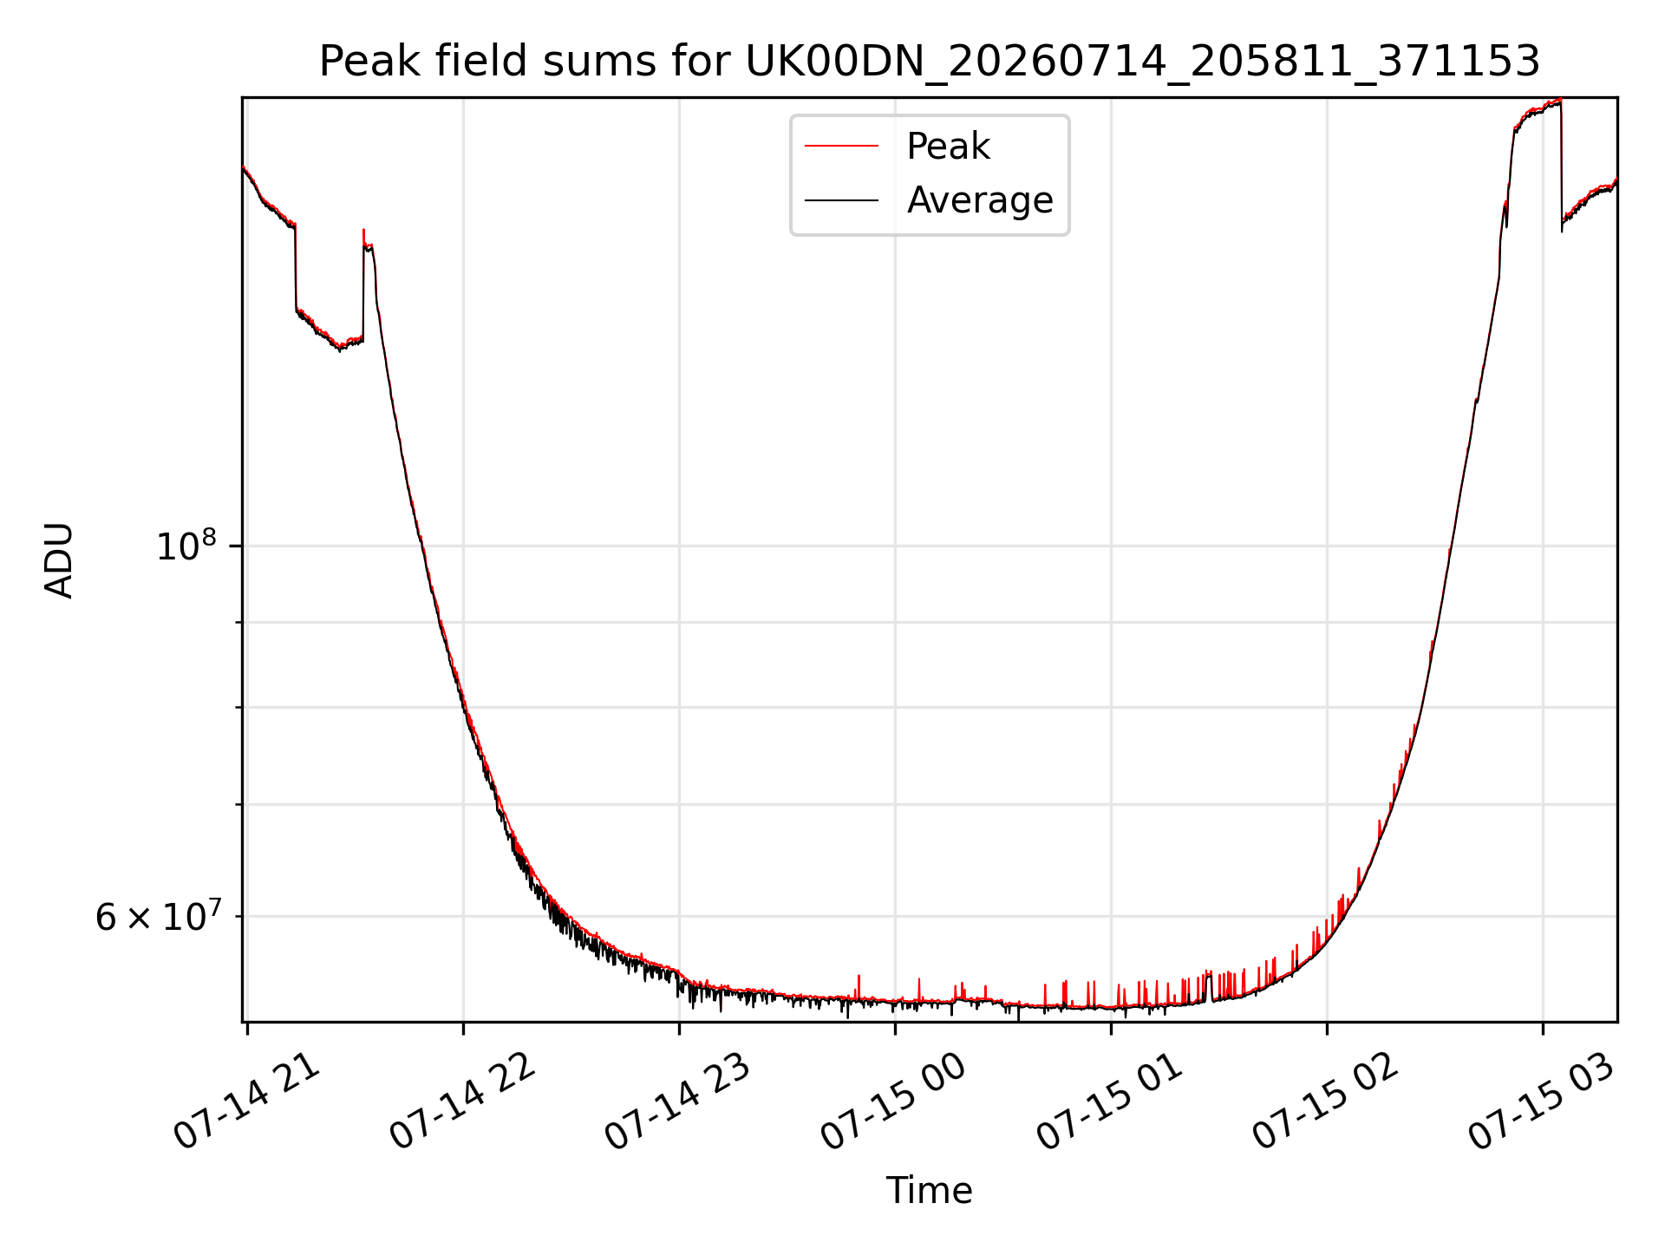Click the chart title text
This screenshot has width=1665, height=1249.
coord(930,62)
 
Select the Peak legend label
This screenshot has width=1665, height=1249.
coord(948,147)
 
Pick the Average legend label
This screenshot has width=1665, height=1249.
coord(980,200)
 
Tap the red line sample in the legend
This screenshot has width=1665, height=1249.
coord(841,147)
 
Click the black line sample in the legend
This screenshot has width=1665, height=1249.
coord(841,200)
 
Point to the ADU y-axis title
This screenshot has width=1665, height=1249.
coord(59,560)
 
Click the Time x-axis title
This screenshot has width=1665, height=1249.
coord(929,1190)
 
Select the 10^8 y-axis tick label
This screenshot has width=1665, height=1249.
coord(186,546)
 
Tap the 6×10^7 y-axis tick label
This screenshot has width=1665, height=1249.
coord(157,916)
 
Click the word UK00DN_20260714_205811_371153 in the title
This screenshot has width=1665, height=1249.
coord(1143,62)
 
